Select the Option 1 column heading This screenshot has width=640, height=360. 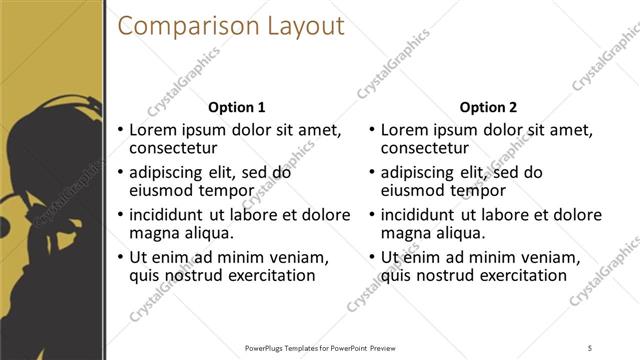pos(236,107)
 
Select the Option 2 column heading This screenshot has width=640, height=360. pos(488,107)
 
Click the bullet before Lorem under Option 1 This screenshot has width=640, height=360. pos(120,130)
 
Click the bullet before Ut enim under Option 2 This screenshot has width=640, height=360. pos(372,256)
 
